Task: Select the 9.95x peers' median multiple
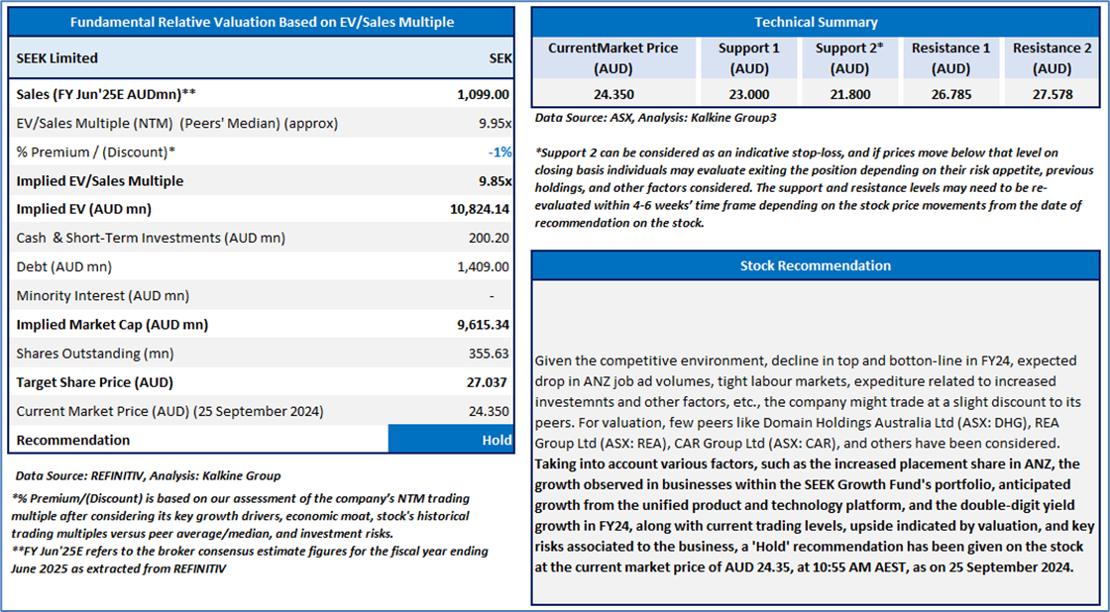(496, 123)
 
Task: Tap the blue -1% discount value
(499, 153)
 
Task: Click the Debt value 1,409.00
(485, 266)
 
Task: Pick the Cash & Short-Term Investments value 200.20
(490, 238)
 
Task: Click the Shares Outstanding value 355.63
(490, 354)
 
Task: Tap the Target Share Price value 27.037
(488, 382)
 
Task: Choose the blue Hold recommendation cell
(450, 440)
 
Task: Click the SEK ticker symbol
(500, 58)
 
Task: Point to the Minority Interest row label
(103, 296)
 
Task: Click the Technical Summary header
(817, 22)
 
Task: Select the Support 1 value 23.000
(749, 94)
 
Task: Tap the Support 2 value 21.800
(849, 94)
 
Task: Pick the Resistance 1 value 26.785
(950, 94)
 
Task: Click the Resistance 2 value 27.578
(1052, 94)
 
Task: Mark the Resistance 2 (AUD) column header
(1052, 58)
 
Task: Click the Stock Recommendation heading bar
(816, 265)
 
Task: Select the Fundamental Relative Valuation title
(262, 22)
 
